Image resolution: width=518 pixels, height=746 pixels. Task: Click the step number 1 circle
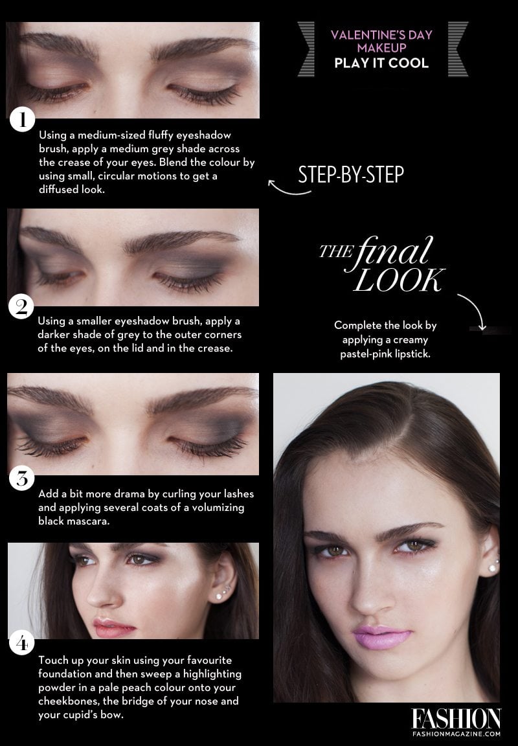22,121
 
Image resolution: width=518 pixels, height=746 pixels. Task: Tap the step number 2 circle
22,306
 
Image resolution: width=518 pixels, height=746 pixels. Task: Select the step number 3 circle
22,479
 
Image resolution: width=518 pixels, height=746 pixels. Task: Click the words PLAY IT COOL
381,63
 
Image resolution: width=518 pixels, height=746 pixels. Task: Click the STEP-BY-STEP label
351,175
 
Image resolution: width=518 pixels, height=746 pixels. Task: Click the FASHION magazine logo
456,718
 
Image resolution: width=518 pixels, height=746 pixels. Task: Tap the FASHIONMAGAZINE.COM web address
456,734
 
